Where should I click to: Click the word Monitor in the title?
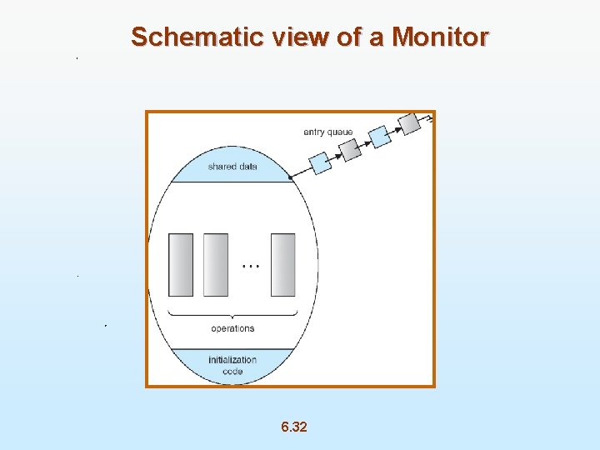coord(440,37)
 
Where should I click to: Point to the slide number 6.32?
coord(293,427)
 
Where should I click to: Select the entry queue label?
coord(327,132)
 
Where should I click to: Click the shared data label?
coord(232,167)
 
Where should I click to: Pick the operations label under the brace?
coord(232,328)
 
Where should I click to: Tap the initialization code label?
coord(232,365)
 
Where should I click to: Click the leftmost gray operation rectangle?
coord(181,264)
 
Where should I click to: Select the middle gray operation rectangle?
coord(215,264)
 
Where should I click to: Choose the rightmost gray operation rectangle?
coord(283,264)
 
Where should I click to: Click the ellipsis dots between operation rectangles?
coord(250,266)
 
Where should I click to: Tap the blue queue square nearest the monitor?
coord(320,162)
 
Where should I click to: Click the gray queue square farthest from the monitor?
coord(409,123)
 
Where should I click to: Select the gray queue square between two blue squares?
coord(350,149)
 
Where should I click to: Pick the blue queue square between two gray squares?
coord(379,136)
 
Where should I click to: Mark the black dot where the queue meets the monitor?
coord(290,177)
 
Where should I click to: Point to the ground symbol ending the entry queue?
coord(429,118)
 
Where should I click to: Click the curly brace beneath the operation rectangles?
coord(232,313)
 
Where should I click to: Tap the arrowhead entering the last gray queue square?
coord(397,129)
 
